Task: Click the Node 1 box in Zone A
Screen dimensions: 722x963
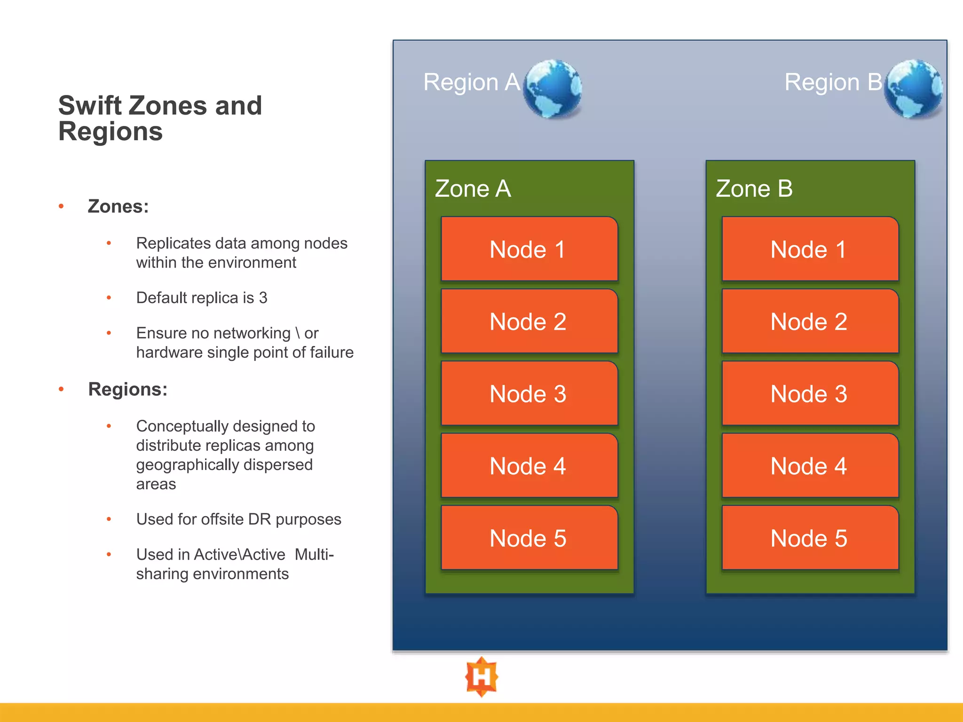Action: pyautogui.click(x=529, y=249)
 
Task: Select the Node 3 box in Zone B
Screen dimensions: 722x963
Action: pyautogui.click(x=810, y=393)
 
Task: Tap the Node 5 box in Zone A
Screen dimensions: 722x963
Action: pyautogui.click(x=529, y=538)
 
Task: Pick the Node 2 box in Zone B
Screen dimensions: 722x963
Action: pyautogui.click(x=810, y=322)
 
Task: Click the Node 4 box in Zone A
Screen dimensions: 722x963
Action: pyautogui.click(x=529, y=466)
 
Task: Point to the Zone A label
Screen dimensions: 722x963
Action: pyautogui.click(x=473, y=189)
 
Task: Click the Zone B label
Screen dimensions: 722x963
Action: pyautogui.click(x=754, y=189)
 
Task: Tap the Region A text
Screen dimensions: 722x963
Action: pyautogui.click(x=471, y=82)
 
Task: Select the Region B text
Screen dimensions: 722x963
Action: pyautogui.click(x=833, y=82)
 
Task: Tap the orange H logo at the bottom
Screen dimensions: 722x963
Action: pyautogui.click(x=481, y=677)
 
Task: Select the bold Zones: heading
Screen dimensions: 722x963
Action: pyautogui.click(x=118, y=206)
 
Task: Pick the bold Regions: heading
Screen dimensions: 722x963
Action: pyautogui.click(x=127, y=389)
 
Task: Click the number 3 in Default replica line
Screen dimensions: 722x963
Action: pyautogui.click(x=263, y=298)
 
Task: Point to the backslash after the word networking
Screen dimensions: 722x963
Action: pyautogui.click(x=298, y=333)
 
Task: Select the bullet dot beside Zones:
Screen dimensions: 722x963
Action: pyautogui.click(x=61, y=206)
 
